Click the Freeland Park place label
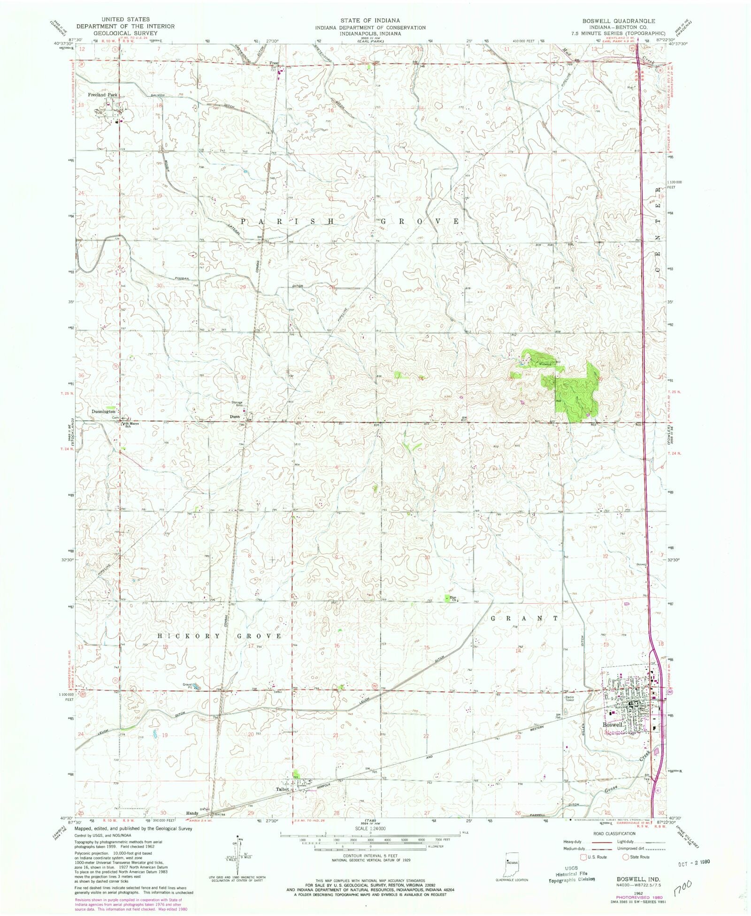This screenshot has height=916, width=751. [102, 95]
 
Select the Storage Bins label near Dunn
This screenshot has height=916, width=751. [237, 403]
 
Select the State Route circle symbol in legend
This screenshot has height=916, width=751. [625, 856]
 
